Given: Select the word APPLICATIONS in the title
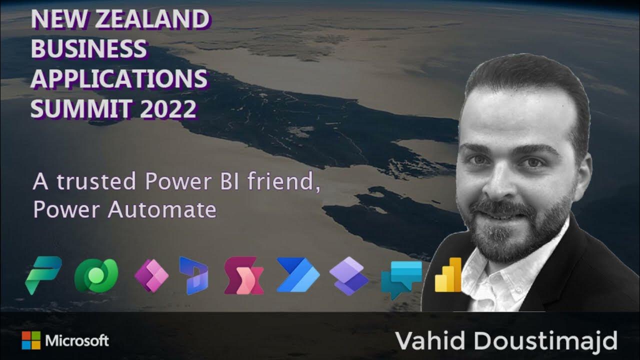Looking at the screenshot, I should [x=119, y=79].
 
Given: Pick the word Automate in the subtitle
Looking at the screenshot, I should [x=161, y=210].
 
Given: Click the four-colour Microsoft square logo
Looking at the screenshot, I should [x=31, y=341].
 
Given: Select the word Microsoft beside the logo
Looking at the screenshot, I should [x=77, y=341].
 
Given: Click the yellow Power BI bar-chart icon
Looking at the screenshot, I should [x=448, y=275].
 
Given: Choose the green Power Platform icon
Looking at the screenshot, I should [x=43, y=274].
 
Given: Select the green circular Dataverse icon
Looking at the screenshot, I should [x=95, y=275].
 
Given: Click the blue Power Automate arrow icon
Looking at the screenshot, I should [x=298, y=275].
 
